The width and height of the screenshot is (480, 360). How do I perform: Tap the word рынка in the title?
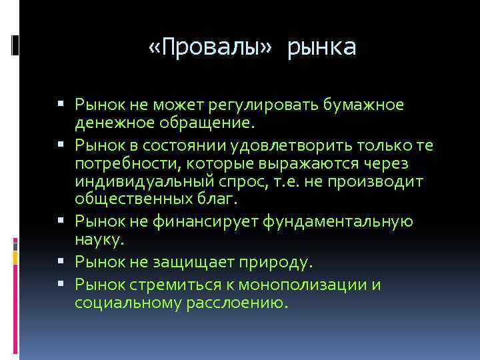[x=323, y=47]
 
